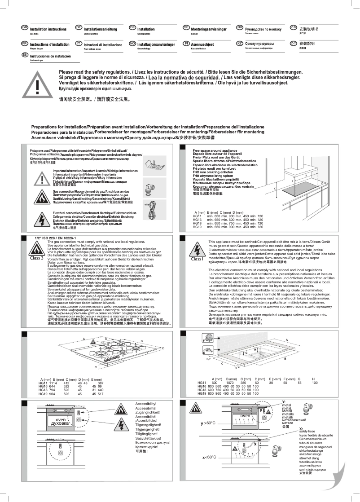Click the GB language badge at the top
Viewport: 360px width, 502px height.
coord(26,28)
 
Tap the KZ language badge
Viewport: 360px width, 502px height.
coord(240,44)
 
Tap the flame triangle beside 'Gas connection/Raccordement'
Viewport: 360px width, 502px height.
coord(41,196)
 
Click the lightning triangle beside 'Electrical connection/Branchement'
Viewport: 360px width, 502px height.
coord(41,218)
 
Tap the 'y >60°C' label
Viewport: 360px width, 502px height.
coord(208,423)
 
